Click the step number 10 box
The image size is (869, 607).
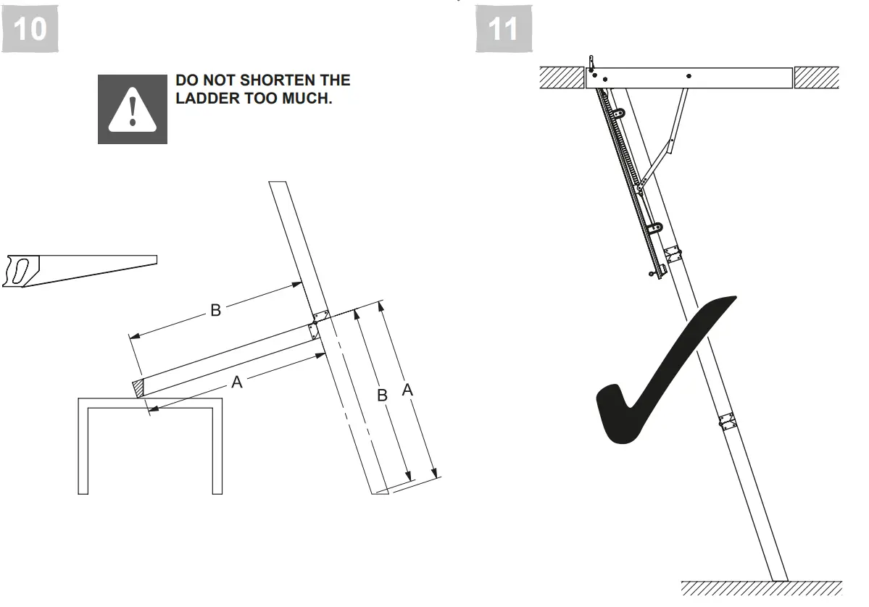click(30, 29)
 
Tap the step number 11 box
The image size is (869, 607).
click(504, 29)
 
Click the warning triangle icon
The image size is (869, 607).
click(132, 109)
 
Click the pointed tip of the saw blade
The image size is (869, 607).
click(155, 258)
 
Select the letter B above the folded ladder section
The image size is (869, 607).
click(215, 311)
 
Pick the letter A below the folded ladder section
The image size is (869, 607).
click(236, 382)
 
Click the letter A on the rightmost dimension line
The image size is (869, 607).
click(407, 390)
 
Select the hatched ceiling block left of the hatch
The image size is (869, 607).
click(562, 78)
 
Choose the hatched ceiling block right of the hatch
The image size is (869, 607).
click(817, 78)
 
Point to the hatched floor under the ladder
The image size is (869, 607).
click(761, 588)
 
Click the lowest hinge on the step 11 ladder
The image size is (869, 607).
click(725, 422)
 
